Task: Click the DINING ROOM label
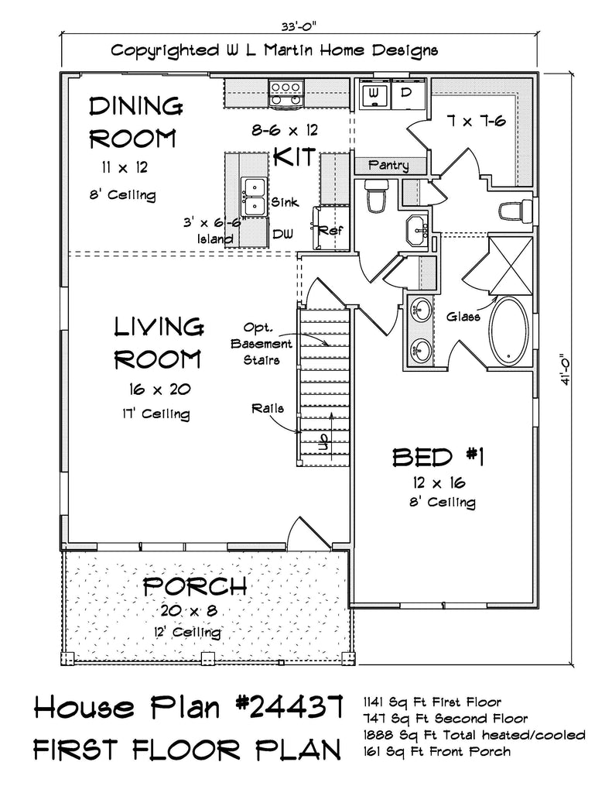pyautogui.click(x=135, y=122)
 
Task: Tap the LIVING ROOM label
pyautogui.click(x=159, y=343)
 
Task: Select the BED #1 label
pyautogui.click(x=438, y=458)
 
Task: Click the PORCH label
pyautogui.click(x=195, y=585)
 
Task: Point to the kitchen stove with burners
pyautogui.click(x=285, y=92)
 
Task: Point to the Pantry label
pyautogui.click(x=388, y=165)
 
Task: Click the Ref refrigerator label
pyautogui.click(x=334, y=231)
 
